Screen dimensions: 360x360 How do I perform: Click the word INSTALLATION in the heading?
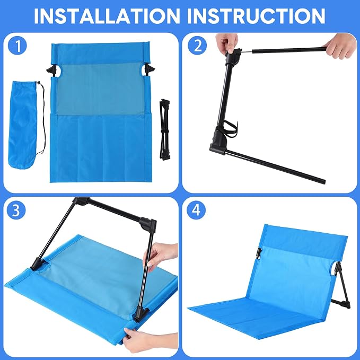[107, 16]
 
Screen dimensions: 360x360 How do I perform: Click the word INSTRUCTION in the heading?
[256, 16]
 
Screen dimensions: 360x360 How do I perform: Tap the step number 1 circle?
[17, 46]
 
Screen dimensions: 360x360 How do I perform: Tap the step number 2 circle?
[197, 46]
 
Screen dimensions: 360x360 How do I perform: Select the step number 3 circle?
[16, 210]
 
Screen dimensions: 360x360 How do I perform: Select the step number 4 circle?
[196, 209]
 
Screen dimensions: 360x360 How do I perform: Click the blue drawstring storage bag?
[23, 125]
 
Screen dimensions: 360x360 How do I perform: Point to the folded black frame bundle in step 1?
[165, 129]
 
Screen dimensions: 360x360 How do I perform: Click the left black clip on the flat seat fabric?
[52, 69]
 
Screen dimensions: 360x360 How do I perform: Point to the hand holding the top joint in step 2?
[226, 42]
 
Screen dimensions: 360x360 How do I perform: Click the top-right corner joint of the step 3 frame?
[148, 224]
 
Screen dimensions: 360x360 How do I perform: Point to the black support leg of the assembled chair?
[341, 287]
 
